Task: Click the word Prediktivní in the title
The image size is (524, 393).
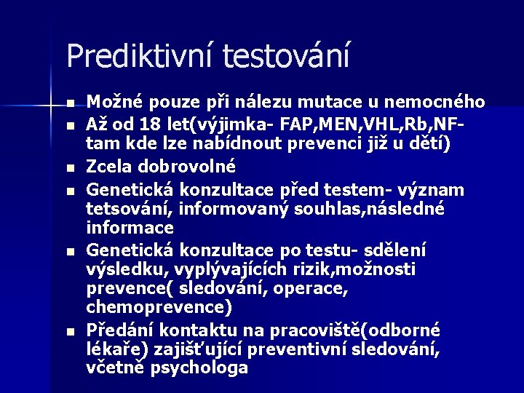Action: click(x=139, y=55)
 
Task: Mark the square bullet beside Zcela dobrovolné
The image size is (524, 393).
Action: click(x=69, y=167)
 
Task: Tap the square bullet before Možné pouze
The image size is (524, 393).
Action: click(x=69, y=102)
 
